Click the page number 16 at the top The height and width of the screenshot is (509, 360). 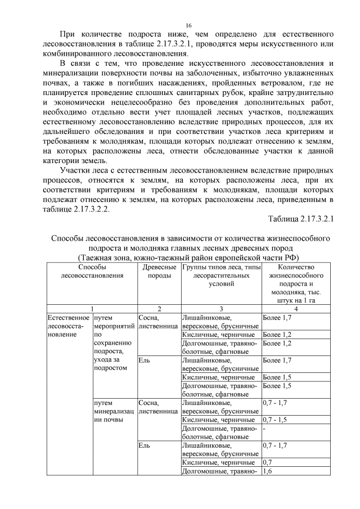click(190, 26)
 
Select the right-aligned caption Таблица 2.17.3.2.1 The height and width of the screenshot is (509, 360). click(301, 219)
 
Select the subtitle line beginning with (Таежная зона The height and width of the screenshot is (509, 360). click(190, 257)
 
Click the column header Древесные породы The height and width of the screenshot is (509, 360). click(159, 272)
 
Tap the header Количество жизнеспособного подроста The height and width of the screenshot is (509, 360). click(296, 283)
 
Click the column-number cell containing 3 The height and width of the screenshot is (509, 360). click(221, 309)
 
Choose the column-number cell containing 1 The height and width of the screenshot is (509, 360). click(92, 309)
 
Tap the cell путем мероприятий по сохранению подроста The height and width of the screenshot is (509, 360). click(114, 343)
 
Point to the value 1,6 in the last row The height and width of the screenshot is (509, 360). click(268, 471)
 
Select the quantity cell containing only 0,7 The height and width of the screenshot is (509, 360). click(268, 462)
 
